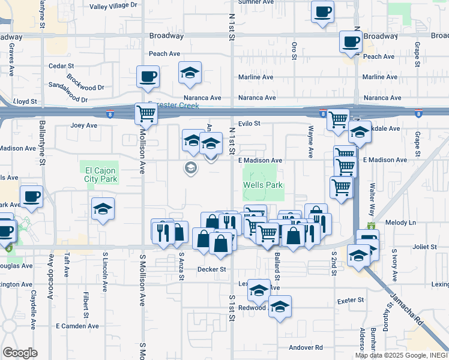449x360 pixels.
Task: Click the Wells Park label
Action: [262, 185]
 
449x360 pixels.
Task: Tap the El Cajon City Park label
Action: [100, 175]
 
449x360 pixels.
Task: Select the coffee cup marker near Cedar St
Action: [147, 77]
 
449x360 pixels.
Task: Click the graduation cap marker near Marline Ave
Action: [190, 73]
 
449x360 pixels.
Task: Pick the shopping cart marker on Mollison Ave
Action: [146, 113]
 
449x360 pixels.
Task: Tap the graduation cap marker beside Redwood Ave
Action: [280, 307]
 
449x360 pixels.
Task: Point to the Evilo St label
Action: [248, 124]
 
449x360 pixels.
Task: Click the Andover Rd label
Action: [306, 347]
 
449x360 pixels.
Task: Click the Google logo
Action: [20, 353]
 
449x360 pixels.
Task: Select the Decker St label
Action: [211, 269]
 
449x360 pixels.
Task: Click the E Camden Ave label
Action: [76, 326]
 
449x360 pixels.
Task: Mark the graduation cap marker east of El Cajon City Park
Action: [103, 209]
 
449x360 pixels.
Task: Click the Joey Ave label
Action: [83, 125]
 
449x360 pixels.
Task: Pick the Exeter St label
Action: [351, 300]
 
